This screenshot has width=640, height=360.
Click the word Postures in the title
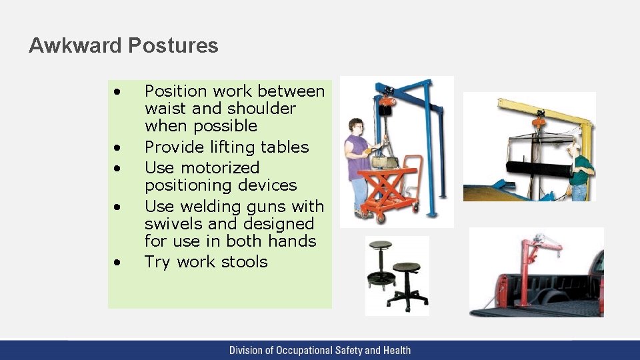click(173, 45)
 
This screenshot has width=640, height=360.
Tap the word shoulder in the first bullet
click(261, 108)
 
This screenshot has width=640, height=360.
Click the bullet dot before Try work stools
click(117, 263)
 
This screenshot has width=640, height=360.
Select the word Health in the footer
click(396, 350)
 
